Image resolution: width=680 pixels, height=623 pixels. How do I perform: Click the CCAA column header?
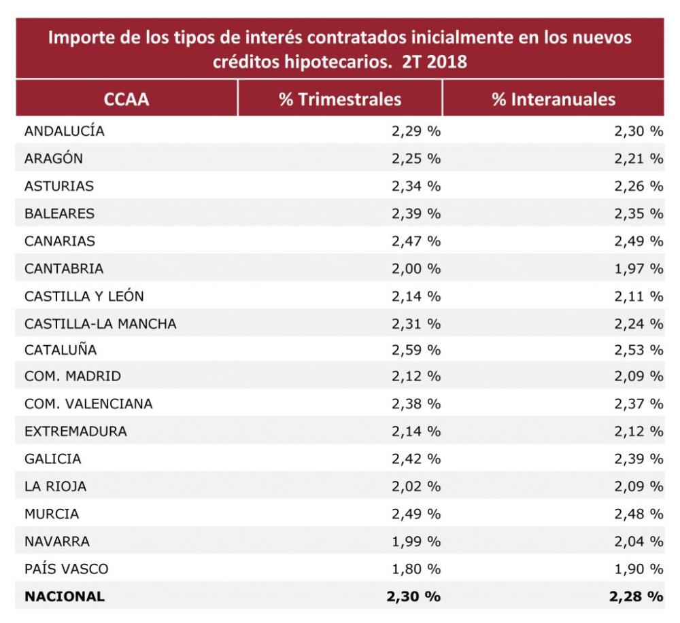(x=126, y=99)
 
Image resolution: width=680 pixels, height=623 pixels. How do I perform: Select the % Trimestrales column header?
(x=340, y=99)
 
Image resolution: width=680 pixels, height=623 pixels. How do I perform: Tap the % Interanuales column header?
(x=554, y=99)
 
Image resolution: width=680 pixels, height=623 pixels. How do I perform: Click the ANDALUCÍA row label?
(x=65, y=131)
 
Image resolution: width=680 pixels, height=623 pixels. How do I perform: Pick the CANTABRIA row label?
(x=64, y=268)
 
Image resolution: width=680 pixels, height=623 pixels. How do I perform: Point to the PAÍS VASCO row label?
(x=66, y=569)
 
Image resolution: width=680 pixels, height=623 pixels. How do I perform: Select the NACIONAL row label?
(x=65, y=597)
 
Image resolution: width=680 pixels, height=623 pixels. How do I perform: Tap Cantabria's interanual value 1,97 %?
(x=638, y=268)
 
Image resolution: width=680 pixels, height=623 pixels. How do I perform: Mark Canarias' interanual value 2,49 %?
(x=638, y=241)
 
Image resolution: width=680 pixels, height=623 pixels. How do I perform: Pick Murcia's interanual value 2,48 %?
(x=638, y=514)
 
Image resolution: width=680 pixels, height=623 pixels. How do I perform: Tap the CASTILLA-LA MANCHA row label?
(x=101, y=323)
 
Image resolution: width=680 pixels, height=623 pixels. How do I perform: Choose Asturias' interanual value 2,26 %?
(x=638, y=186)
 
